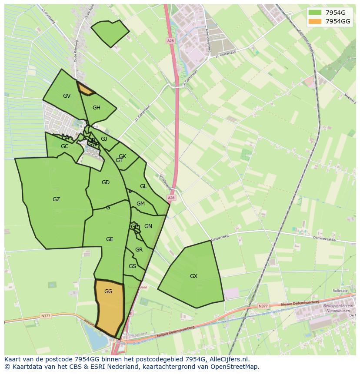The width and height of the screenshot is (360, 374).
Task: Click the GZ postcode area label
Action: (56, 199)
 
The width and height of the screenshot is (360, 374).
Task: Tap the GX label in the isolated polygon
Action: (193, 276)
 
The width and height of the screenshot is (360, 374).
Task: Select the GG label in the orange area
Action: (108, 291)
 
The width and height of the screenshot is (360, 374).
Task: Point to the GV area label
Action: (67, 96)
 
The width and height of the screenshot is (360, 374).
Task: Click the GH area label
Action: (97, 108)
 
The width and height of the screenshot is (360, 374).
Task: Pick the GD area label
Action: (106, 182)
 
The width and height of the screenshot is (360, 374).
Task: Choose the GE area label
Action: (110, 239)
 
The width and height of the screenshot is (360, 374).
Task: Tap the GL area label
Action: (143, 186)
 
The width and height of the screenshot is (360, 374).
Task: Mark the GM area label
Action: (140, 204)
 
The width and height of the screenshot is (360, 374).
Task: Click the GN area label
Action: (148, 226)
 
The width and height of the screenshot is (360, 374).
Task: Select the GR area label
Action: (139, 250)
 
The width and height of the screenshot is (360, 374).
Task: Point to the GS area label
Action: (132, 266)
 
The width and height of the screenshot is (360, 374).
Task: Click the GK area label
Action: (122, 156)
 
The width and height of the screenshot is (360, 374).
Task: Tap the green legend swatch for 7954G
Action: (315, 13)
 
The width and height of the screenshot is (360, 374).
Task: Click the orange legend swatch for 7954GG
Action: (315, 21)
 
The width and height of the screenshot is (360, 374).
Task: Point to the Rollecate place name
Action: (340, 291)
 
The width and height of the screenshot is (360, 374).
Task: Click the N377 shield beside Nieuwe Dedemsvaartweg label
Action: (263, 306)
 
